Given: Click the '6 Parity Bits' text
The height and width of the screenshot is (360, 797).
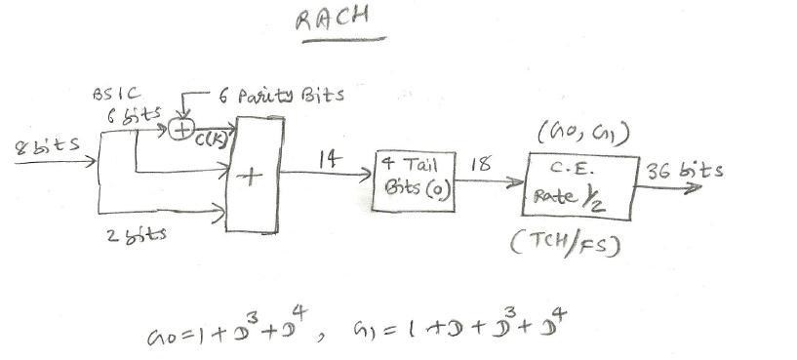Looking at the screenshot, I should (289, 97).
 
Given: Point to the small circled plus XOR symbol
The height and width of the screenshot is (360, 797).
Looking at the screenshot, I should (179, 131).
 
